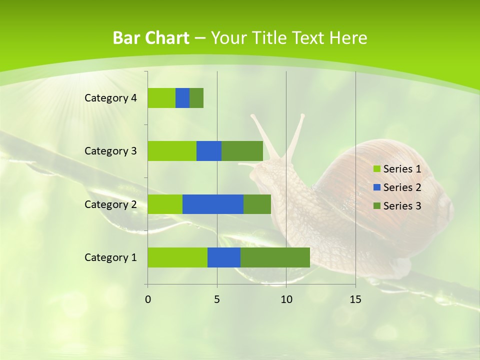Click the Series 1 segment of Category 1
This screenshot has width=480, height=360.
click(x=177, y=257)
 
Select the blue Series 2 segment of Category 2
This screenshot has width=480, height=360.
click(x=213, y=204)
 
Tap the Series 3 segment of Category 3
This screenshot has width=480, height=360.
click(x=242, y=151)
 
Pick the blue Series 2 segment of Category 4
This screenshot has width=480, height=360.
click(x=182, y=98)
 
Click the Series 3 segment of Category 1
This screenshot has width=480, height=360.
click(x=275, y=257)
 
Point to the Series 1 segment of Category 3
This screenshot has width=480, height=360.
click(x=172, y=151)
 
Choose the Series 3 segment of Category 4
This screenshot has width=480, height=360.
click(x=196, y=98)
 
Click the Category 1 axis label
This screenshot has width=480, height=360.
click(x=110, y=257)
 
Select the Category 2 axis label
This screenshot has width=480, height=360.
click(x=110, y=204)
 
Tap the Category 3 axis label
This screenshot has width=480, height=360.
click(x=110, y=151)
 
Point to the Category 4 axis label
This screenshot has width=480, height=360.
click(x=110, y=98)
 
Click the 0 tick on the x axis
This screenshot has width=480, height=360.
click(x=147, y=299)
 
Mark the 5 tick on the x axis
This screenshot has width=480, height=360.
click(x=217, y=299)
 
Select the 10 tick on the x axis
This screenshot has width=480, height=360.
click(x=286, y=299)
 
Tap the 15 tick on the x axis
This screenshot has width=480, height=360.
click(x=355, y=299)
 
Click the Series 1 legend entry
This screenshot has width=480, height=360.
click(x=397, y=169)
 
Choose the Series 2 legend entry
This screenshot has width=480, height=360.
click(x=397, y=187)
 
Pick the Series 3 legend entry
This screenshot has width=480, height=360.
click(x=397, y=206)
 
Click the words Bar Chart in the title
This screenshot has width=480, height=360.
click(x=150, y=38)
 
